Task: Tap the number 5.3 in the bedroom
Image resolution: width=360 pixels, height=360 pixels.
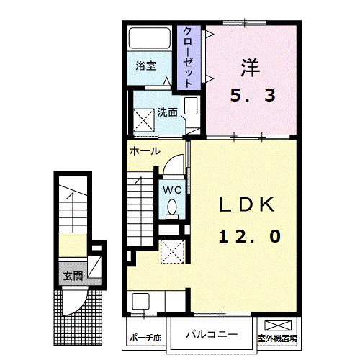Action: pyautogui.click(x=253, y=96)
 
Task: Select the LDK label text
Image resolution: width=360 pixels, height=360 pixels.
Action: pyautogui.click(x=248, y=205)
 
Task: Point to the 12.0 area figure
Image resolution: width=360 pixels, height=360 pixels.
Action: pyautogui.click(x=247, y=235)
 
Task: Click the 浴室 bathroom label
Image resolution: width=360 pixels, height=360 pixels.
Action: pyautogui.click(x=147, y=66)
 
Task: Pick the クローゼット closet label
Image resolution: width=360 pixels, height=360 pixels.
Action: pyautogui.click(x=188, y=57)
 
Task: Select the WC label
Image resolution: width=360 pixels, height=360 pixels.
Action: pyautogui.click(x=171, y=189)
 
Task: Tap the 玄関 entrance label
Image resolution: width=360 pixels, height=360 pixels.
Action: pyautogui.click(x=72, y=275)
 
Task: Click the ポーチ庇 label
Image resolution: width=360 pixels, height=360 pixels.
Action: pyautogui.click(x=144, y=337)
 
